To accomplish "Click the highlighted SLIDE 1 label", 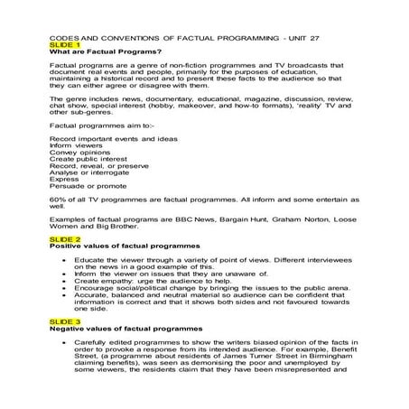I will (x=63, y=44).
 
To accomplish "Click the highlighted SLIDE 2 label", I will (x=63, y=238).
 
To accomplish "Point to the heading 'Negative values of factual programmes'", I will (x=126, y=327).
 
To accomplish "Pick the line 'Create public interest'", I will (x=88, y=161).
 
